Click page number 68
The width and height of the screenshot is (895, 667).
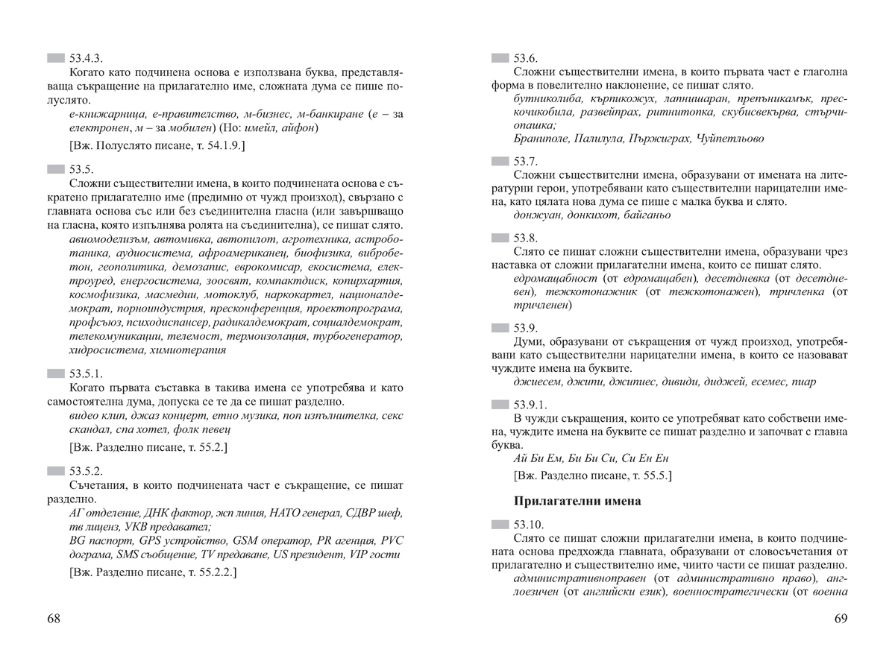click(x=54, y=619)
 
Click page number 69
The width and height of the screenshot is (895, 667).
click(x=841, y=619)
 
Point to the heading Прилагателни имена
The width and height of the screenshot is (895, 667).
click(x=577, y=501)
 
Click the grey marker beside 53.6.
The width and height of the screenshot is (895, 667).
click(x=500, y=58)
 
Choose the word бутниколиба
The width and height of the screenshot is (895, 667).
click(x=544, y=98)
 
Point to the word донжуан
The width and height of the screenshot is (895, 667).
click(x=535, y=215)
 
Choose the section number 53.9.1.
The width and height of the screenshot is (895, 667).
click(x=531, y=404)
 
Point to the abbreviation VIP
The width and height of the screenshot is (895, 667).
click(x=359, y=554)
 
